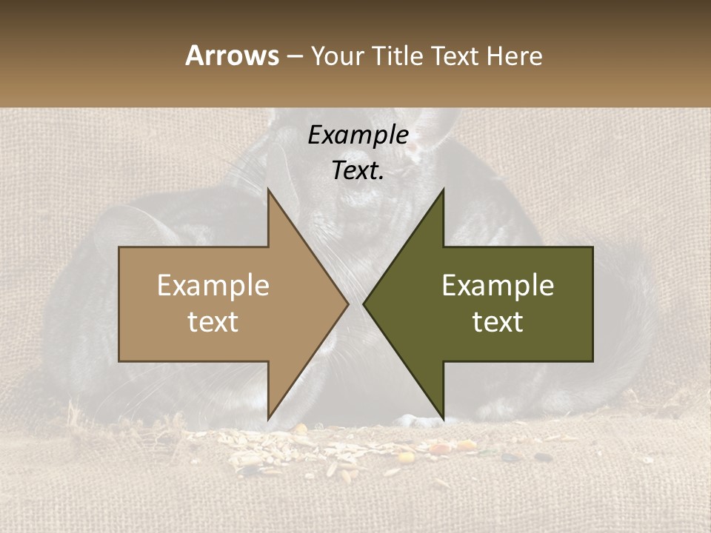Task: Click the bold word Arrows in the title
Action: [x=231, y=56]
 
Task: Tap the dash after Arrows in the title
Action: [x=294, y=56]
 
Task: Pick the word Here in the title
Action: [x=515, y=56]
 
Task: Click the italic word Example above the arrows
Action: [x=358, y=135]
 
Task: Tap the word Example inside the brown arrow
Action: [x=213, y=286]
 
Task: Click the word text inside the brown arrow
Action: [x=213, y=322]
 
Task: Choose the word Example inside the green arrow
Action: [x=498, y=286]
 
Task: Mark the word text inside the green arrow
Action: [x=498, y=322]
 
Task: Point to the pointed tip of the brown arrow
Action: [x=348, y=304]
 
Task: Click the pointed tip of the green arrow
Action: [x=364, y=304]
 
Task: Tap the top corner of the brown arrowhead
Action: [x=268, y=190]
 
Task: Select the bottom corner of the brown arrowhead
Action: [x=268, y=419]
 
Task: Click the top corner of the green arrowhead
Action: [x=444, y=190]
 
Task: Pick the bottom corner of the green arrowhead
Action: [x=444, y=419]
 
